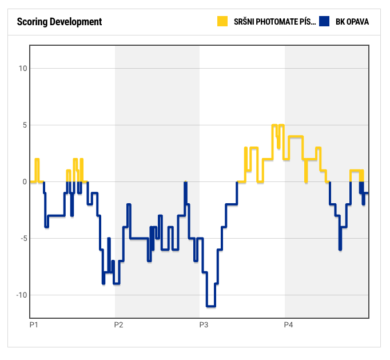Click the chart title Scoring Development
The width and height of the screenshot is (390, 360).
click(x=59, y=22)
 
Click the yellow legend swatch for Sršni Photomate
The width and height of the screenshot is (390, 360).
click(x=222, y=22)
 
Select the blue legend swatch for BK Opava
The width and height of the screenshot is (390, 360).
click(x=325, y=22)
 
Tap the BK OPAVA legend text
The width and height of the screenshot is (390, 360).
click(x=352, y=22)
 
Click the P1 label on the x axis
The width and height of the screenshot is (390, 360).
click(x=34, y=325)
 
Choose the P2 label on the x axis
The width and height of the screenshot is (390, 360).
click(x=118, y=325)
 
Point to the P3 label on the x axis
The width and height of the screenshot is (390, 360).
click(x=204, y=325)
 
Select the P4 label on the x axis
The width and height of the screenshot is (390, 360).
click(x=288, y=325)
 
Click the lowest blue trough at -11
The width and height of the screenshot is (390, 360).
click(x=211, y=306)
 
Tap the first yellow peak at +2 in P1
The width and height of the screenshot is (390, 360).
click(x=37, y=160)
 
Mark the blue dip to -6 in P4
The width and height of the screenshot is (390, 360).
click(x=340, y=249)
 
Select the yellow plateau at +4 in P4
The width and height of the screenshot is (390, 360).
click(x=296, y=137)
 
